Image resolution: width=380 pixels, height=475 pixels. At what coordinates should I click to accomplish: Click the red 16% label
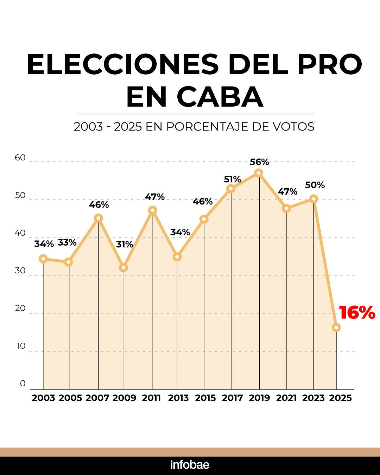[x=357, y=313]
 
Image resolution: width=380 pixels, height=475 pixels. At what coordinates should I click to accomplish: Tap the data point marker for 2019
[x=259, y=173]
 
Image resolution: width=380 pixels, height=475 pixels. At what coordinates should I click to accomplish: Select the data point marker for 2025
[x=336, y=328]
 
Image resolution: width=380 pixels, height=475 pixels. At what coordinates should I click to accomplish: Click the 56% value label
[x=259, y=162]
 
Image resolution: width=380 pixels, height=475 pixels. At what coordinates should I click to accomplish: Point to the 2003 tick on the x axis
[x=43, y=398]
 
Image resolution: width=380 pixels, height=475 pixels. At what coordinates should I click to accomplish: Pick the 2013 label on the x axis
[x=178, y=398]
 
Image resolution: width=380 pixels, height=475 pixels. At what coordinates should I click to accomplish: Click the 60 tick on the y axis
[x=20, y=158]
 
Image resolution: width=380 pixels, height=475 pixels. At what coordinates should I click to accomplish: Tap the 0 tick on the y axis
[x=23, y=384]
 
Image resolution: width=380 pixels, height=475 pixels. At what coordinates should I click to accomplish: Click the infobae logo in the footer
[x=190, y=465]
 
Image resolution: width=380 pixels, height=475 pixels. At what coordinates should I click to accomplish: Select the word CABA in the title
[x=220, y=97]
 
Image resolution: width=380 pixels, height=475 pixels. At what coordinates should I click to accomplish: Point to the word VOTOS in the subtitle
[x=294, y=127]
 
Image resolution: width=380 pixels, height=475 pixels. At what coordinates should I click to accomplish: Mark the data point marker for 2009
[x=123, y=268]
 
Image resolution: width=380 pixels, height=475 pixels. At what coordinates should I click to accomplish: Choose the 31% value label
[x=125, y=244]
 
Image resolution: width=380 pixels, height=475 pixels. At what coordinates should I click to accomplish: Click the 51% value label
[x=232, y=179]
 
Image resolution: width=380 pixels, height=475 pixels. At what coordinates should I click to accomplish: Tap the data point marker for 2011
[x=152, y=210]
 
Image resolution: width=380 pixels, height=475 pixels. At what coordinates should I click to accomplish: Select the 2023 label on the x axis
[x=313, y=398]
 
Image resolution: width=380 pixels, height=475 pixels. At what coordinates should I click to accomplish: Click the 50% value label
[x=315, y=185]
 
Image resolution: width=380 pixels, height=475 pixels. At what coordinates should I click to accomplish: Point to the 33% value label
[x=67, y=243]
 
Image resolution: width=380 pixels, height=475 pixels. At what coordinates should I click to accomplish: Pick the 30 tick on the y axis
[x=20, y=271]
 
